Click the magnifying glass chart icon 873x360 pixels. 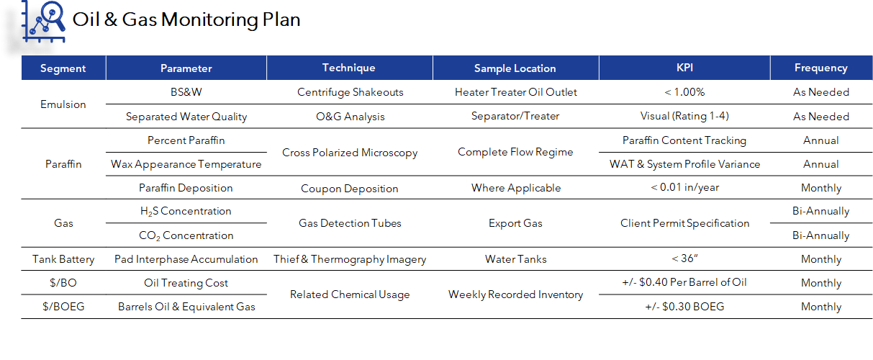[x=44, y=21]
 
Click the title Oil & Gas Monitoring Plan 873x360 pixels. [x=186, y=19]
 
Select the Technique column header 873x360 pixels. [x=349, y=68]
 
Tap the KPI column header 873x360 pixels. [x=684, y=68]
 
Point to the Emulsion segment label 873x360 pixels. [x=63, y=104]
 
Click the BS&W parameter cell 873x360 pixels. [x=186, y=92]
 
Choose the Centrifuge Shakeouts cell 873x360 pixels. [x=350, y=92]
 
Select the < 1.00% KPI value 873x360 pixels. [x=684, y=92]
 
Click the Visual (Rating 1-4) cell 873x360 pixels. [x=684, y=116]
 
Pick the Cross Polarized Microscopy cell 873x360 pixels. [x=350, y=153]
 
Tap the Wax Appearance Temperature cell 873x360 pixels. [x=186, y=164]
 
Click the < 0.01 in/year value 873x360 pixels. [x=684, y=188]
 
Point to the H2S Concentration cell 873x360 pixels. [x=186, y=212]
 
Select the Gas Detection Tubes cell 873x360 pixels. [x=350, y=223]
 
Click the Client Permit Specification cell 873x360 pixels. [x=684, y=223]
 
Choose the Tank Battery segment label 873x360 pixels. [x=63, y=259]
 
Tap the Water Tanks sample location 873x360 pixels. [x=515, y=259]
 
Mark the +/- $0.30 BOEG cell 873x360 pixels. [x=684, y=307]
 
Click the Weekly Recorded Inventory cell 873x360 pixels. [x=515, y=294]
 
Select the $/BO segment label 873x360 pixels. [x=63, y=283]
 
